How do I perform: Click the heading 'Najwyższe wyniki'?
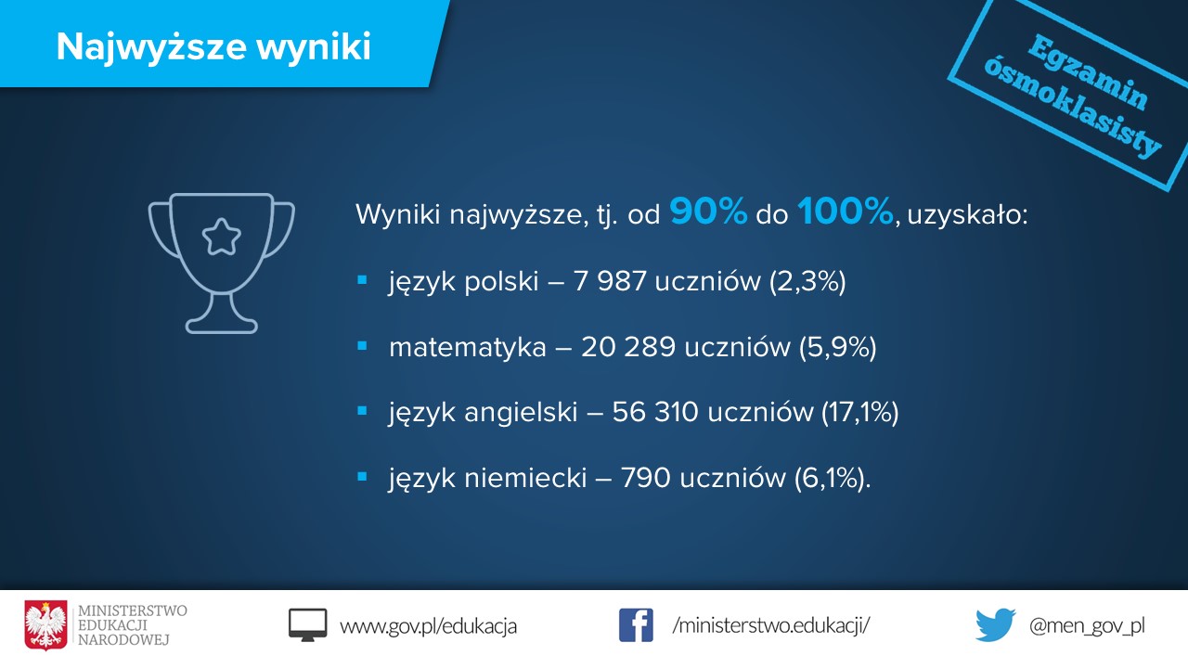tap(213, 47)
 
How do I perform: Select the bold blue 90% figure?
tap(708, 212)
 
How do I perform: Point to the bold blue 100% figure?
tap(845, 212)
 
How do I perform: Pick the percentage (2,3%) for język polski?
tap(807, 281)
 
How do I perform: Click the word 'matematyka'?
tap(467, 348)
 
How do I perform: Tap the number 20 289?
tap(628, 347)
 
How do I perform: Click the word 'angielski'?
tap(521, 413)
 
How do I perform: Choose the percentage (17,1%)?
tap(859, 413)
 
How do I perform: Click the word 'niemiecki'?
tap(525, 478)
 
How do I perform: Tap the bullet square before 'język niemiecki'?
tap(362, 477)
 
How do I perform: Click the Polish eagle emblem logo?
tap(46, 625)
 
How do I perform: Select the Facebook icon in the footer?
tap(636, 625)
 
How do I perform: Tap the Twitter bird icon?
tap(996, 625)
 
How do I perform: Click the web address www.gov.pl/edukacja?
tap(429, 626)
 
